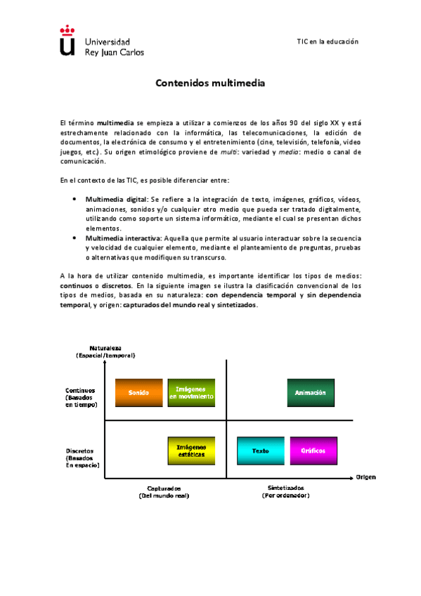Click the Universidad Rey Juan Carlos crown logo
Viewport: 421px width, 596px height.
pos(67,41)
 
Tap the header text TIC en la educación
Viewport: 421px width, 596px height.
pos(328,41)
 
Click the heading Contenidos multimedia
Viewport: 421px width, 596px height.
pos(210,83)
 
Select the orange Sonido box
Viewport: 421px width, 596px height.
pos(138,393)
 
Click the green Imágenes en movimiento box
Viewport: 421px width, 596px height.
pos(190,393)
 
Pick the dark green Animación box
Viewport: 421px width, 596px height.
pos(311,393)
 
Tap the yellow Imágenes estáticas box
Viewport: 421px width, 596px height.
pos(190,451)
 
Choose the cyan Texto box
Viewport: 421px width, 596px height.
pos(260,451)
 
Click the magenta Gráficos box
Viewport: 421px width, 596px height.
pos(313,451)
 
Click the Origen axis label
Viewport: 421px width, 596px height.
pos(365,477)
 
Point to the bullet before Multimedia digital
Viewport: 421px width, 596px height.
pos(76,200)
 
